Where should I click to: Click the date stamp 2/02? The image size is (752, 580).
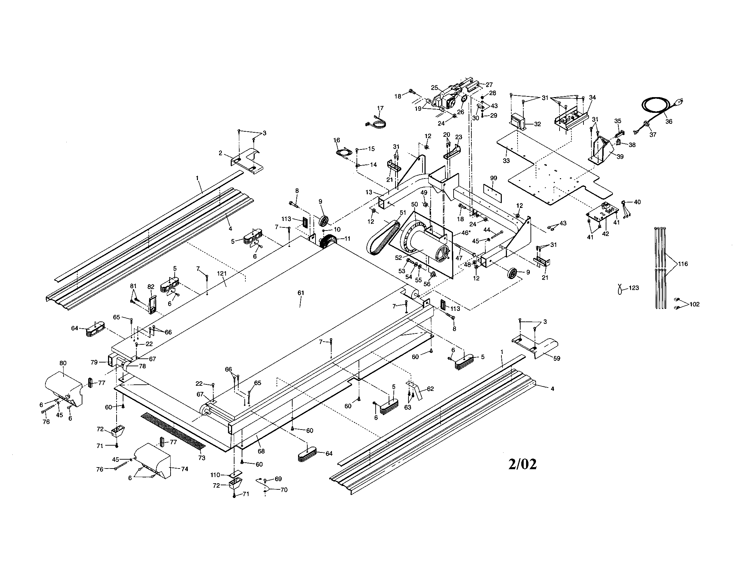(x=522, y=464)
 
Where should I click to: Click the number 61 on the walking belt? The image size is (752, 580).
(x=300, y=293)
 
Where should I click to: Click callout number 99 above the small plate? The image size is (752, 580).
(x=493, y=178)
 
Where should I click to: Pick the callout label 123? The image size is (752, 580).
(x=633, y=288)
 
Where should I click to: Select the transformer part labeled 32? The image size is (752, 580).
(x=517, y=122)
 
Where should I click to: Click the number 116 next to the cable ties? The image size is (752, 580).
(x=683, y=264)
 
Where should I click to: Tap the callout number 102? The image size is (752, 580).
(x=695, y=304)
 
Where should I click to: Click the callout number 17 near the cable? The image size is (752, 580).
(x=380, y=108)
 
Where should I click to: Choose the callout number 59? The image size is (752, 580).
(x=556, y=358)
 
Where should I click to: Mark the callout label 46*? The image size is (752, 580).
(x=466, y=233)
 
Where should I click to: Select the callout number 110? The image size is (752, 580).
(x=215, y=475)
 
